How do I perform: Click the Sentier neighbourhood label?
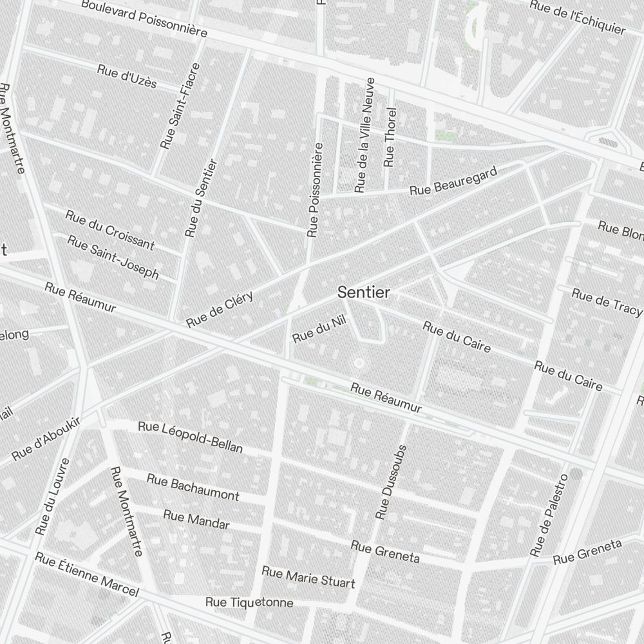(364, 292)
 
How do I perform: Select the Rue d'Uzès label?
(127, 76)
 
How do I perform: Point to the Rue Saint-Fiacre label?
(180, 106)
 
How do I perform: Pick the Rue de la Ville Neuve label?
(364, 135)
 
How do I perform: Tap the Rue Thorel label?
(389, 137)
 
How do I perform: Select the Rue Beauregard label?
(454, 181)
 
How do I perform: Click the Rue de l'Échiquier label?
(577, 18)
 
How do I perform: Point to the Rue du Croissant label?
(110, 229)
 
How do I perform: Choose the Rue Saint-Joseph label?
(113, 256)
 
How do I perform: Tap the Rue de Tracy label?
(607, 302)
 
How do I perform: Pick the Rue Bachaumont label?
(193, 487)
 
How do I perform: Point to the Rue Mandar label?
(196, 519)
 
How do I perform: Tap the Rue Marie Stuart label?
(308, 577)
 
